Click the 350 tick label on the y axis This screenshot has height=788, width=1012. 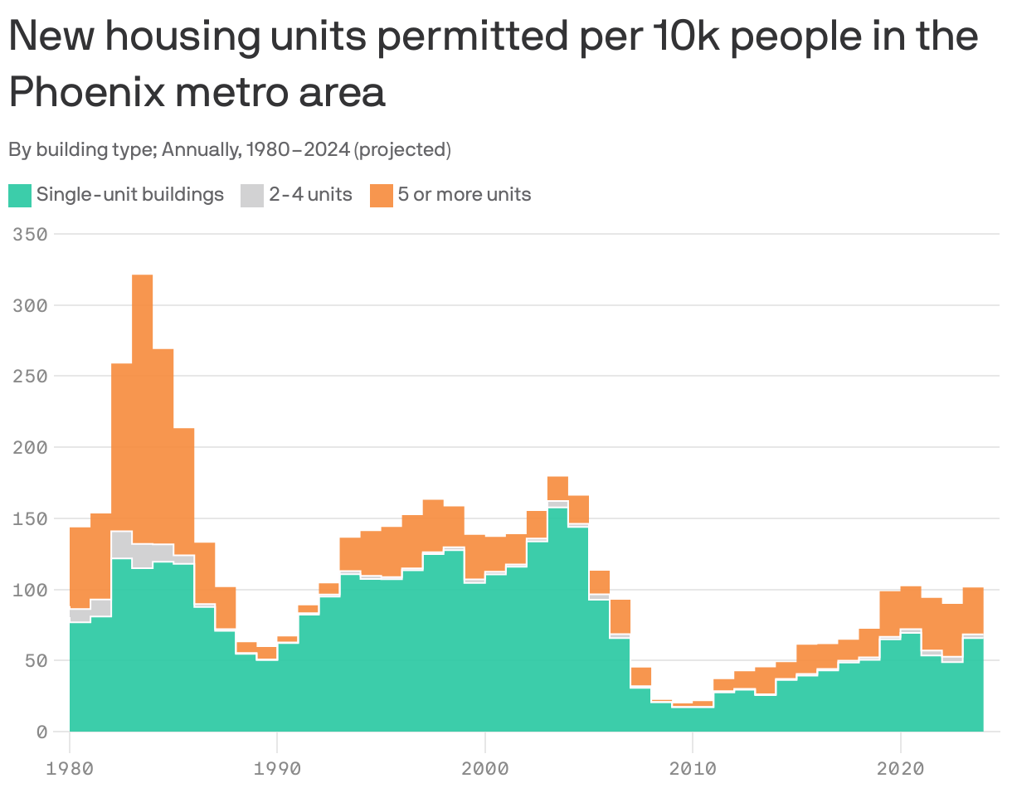[x=30, y=235]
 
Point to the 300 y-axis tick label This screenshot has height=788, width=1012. [x=30, y=305]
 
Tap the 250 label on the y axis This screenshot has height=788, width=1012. [x=30, y=377]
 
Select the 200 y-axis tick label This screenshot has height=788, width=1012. [x=30, y=448]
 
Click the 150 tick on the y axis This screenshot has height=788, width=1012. [x=30, y=518]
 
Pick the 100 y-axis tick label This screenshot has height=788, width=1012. [x=30, y=590]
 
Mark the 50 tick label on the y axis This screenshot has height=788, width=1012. [x=36, y=661]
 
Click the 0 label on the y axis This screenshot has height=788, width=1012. [x=41, y=732]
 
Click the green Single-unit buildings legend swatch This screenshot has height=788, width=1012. [x=20, y=196]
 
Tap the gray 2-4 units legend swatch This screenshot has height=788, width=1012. [x=252, y=196]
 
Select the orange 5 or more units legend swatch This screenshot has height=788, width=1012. [x=382, y=196]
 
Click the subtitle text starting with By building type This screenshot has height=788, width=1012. [x=230, y=150]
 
